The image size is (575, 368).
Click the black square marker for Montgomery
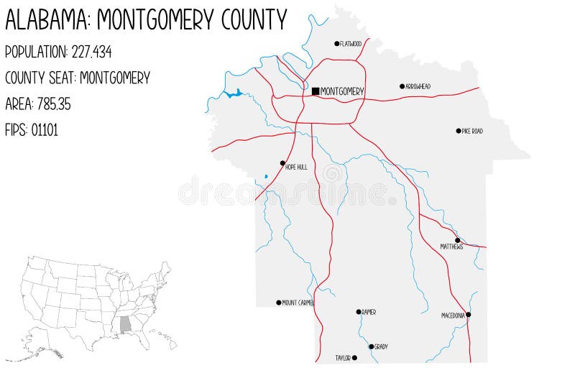pyautogui.click(x=316, y=91)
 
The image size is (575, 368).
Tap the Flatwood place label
pyautogui.click(x=351, y=44)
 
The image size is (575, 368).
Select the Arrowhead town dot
pyautogui.click(x=402, y=86)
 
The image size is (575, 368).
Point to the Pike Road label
pyautogui.click(x=472, y=132)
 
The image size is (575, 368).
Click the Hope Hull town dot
pyautogui.click(x=282, y=163)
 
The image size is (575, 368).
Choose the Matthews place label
pyautogui.click(x=451, y=247)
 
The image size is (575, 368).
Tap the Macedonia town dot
pyautogui.click(x=468, y=314)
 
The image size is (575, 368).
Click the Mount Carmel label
pyautogui.click(x=298, y=303)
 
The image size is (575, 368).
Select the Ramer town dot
pyautogui.click(x=359, y=312)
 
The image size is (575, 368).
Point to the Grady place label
pyautogui.click(x=381, y=346)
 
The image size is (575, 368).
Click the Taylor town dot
pyautogui.click(x=354, y=357)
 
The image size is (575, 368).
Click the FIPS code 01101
pyautogui.click(x=45, y=130)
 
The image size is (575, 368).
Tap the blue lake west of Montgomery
pyautogui.click(x=234, y=93)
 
